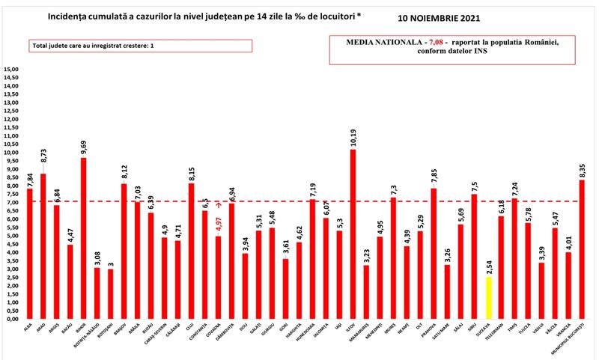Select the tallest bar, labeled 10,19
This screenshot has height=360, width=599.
tap(353, 234)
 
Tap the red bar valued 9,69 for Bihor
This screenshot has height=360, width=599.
tap(83, 238)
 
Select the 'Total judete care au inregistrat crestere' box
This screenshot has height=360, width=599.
tap(141, 46)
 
